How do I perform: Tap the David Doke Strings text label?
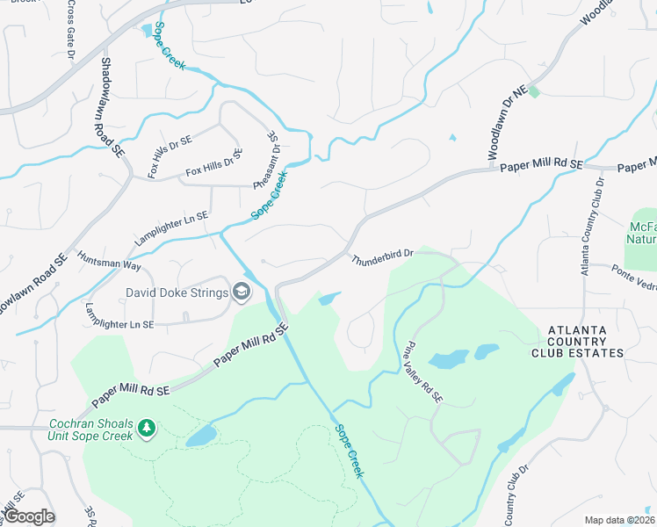(x=177, y=292)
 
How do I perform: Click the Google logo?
(x=28, y=516)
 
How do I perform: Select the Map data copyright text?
(x=618, y=520)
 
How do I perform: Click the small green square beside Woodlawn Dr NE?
(x=533, y=90)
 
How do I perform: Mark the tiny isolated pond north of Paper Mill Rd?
(x=452, y=138)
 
